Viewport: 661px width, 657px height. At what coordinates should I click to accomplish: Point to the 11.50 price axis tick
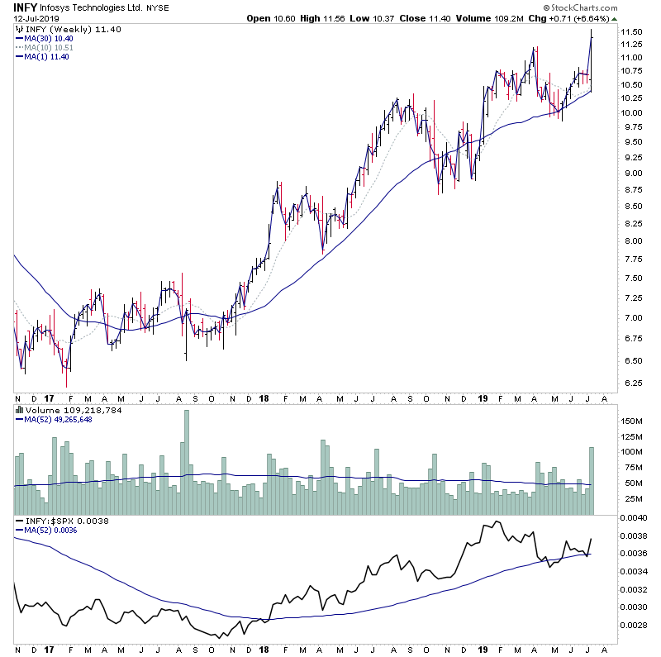634,31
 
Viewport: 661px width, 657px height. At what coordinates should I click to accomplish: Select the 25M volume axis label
635,498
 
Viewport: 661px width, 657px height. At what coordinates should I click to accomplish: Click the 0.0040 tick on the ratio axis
636,518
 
